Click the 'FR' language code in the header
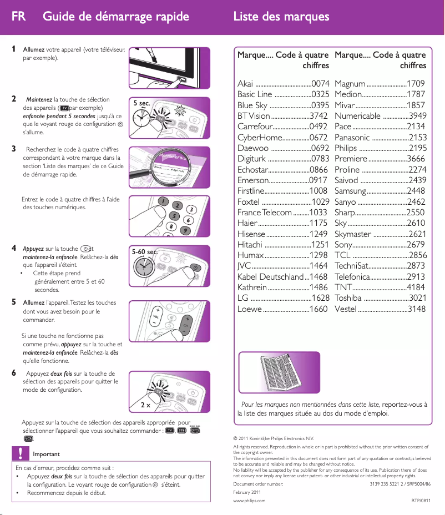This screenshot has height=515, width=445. pos(18,16)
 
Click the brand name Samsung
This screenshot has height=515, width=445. pos(350,191)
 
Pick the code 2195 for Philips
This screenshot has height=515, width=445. pos(417,148)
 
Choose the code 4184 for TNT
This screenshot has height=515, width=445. pos(417,287)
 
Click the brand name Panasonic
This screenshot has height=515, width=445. pos(352,138)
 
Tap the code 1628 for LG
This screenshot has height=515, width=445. pos(321,299)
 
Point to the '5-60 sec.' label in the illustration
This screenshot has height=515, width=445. pos(145,252)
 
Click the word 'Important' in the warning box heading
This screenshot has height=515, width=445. pos(46,454)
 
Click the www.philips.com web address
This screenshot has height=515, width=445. pos(249,501)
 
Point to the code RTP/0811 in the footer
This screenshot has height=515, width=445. pos(421,501)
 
